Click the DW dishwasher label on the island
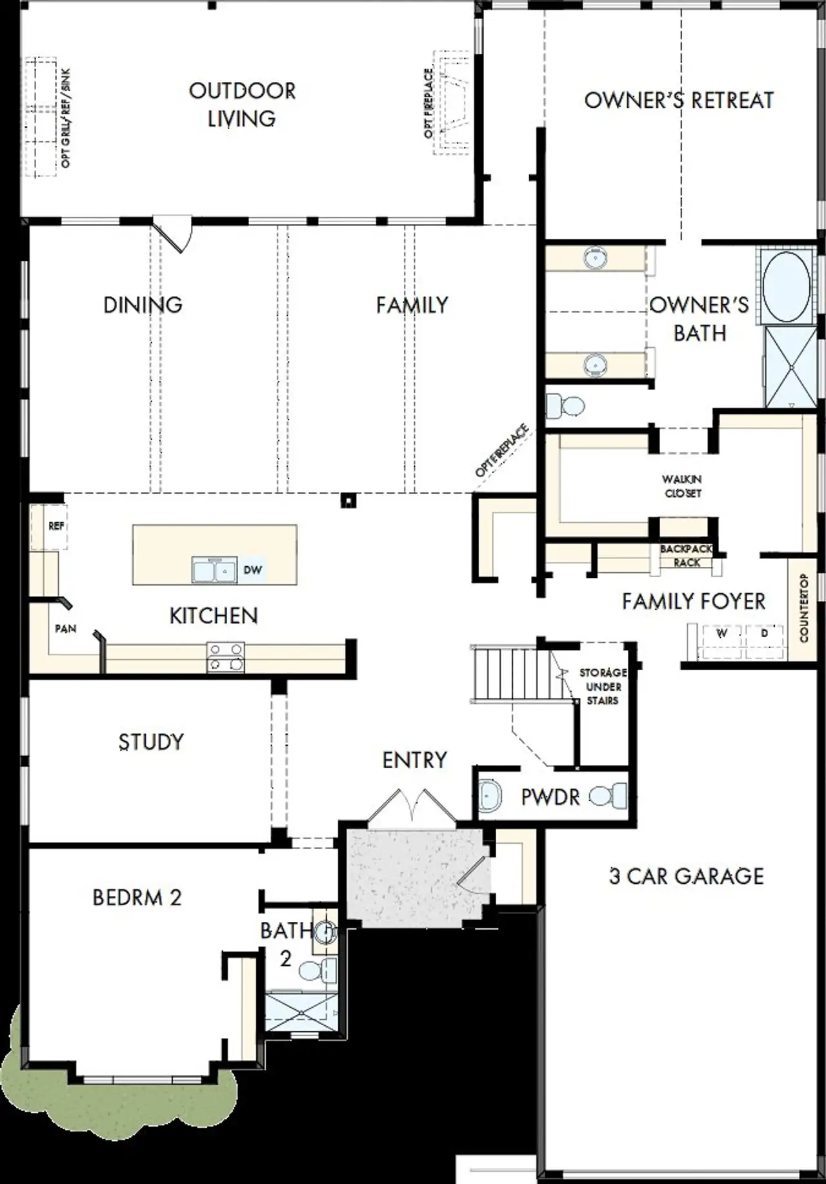tap(252, 570)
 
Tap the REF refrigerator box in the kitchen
tap(56, 526)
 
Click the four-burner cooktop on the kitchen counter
tap(226, 657)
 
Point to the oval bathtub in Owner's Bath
tap(786, 285)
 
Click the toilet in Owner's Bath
tap(566, 407)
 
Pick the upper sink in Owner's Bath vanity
tap(594, 258)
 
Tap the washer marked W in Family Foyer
tap(721, 633)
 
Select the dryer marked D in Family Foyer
tap(765, 633)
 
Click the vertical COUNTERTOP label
tap(803, 607)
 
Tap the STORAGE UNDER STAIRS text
tap(602, 686)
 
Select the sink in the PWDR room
tap(490, 796)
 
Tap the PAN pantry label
tap(65, 628)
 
